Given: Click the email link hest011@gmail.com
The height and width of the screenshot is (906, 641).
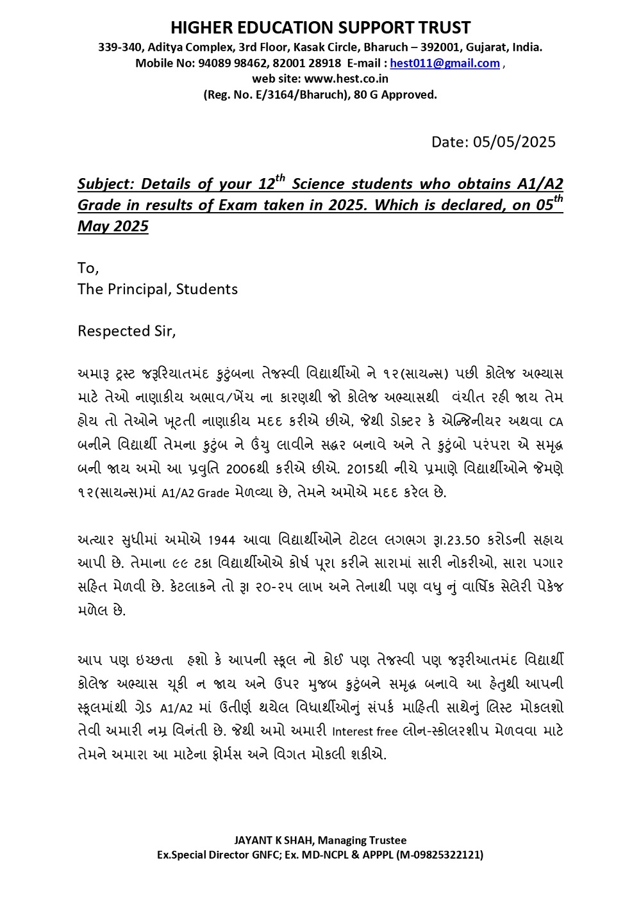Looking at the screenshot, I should [444, 63].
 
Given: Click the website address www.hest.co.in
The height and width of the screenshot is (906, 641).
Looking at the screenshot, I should [346, 79].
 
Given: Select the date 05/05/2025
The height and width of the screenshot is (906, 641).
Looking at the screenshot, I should [514, 142].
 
